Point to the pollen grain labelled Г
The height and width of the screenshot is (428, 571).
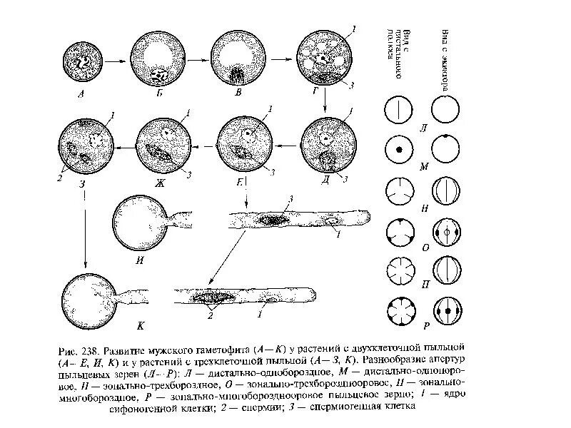tap(325, 63)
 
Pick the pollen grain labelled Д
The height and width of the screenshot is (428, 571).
tap(327, 146)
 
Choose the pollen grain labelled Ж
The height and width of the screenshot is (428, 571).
tap(165, 147)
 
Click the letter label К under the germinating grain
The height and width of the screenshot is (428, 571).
tap(141, 327)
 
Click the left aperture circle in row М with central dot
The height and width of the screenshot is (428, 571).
tap(396, 151)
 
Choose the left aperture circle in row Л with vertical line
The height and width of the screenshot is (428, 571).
tap(396, 110)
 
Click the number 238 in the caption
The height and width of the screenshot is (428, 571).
tap(90, 352)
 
